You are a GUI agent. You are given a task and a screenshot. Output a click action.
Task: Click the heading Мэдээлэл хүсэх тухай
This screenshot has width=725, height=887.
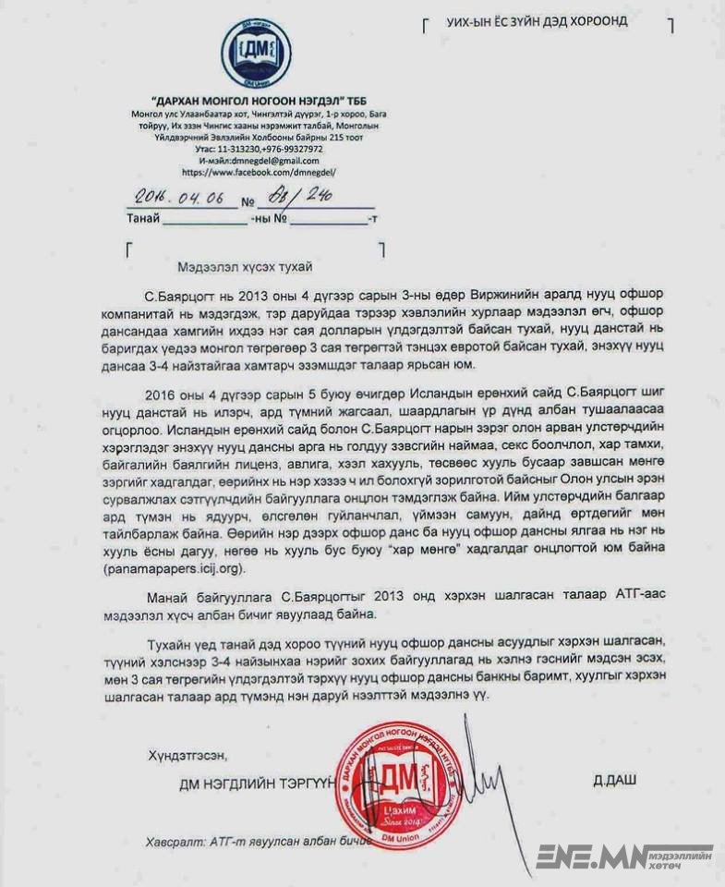tap(247, 267)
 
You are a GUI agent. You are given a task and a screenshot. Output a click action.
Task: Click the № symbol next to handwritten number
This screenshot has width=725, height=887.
tap(247, 200)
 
